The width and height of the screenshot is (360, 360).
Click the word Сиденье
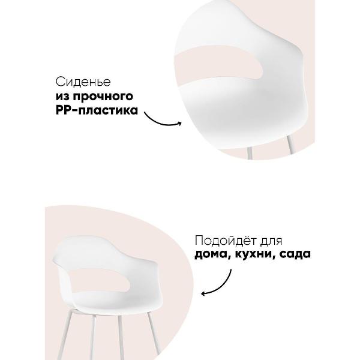(x=83, y=82)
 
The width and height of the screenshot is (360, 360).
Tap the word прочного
(x=103, y=97)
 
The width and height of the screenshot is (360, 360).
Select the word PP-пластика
(x=97, y=110)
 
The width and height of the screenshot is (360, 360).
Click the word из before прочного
(x=62, y=97)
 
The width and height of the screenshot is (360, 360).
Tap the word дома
(x=212, y=254)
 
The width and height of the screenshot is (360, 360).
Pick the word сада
(x=295, y=254)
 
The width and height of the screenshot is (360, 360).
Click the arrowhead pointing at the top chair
(x=180, y=124)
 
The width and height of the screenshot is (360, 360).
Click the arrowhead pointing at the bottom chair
(x=203, y=293)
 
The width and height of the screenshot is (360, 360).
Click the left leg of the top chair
(x=250, y=152)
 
